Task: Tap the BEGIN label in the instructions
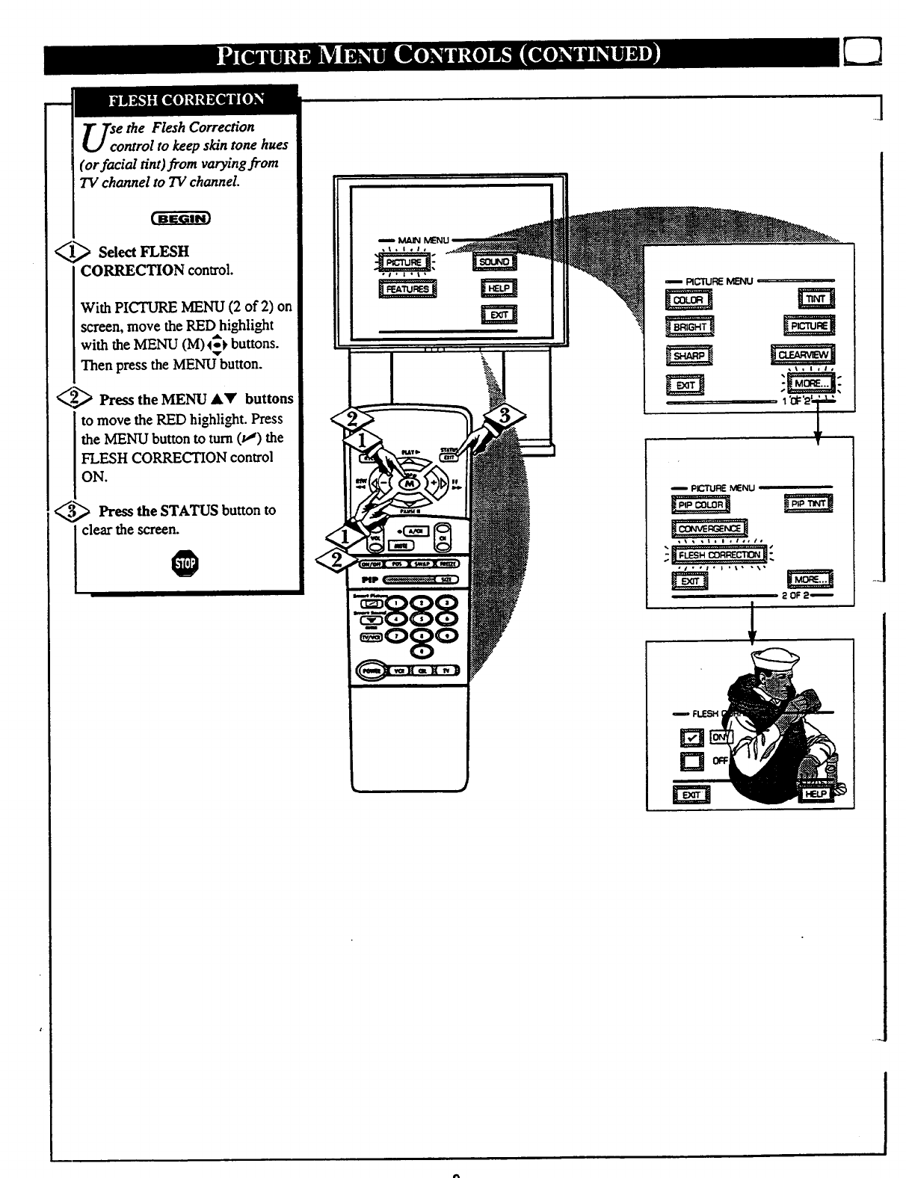coord(182,219)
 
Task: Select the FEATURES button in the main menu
coord(407,289)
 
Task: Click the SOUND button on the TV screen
coord(494,262)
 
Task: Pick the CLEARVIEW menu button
coord(803,355)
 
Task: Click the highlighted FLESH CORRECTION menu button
coord(719,555)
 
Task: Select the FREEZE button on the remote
coord(448,564)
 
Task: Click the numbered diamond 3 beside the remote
coord(503,418)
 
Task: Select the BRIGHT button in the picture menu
coord(689,327)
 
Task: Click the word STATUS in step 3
coord(189,511)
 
